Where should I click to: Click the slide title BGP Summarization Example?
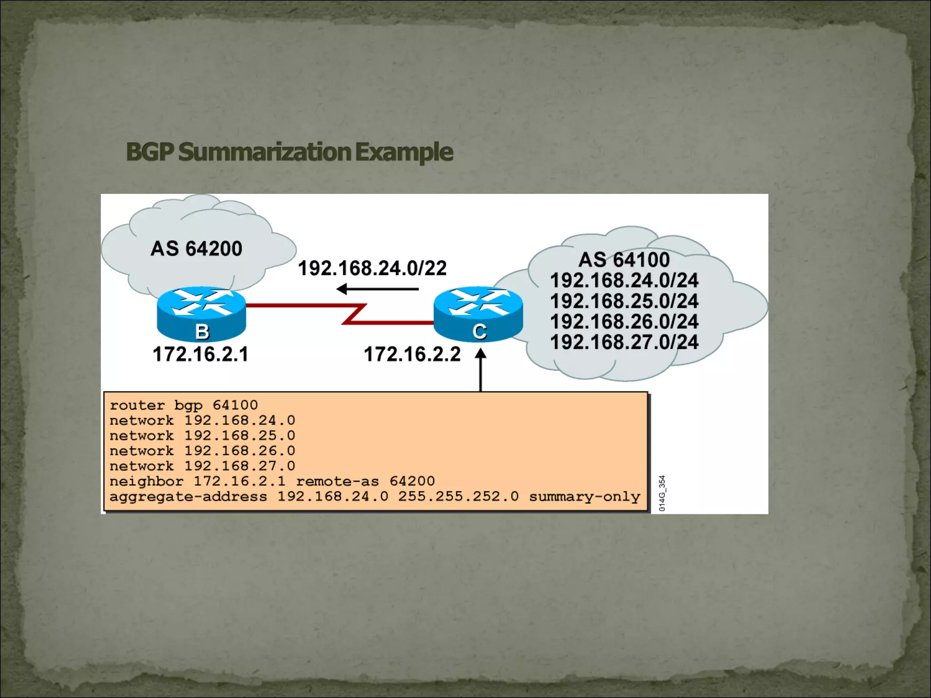[289, 152]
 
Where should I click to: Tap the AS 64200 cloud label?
[196, 249]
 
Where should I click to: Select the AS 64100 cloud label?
[624, 259]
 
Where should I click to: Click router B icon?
[201, 314]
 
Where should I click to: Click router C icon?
[478, 314]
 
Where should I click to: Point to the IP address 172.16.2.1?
[200, 354]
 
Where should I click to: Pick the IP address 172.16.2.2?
[412, 354]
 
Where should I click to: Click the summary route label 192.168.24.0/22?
[372, 268]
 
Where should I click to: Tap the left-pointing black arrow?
[377, 289]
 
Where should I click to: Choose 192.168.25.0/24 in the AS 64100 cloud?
[624, 301]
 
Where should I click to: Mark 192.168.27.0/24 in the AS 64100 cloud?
[624, 342]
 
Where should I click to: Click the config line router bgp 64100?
[184, 405]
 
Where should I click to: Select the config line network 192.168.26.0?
[202, 451]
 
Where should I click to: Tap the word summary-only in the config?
[584, 496]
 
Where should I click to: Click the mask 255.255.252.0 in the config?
[458, 496]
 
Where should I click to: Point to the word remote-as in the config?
[337, 481]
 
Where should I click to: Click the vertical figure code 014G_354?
[662, 493]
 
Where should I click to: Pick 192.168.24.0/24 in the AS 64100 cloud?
[624, 280]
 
